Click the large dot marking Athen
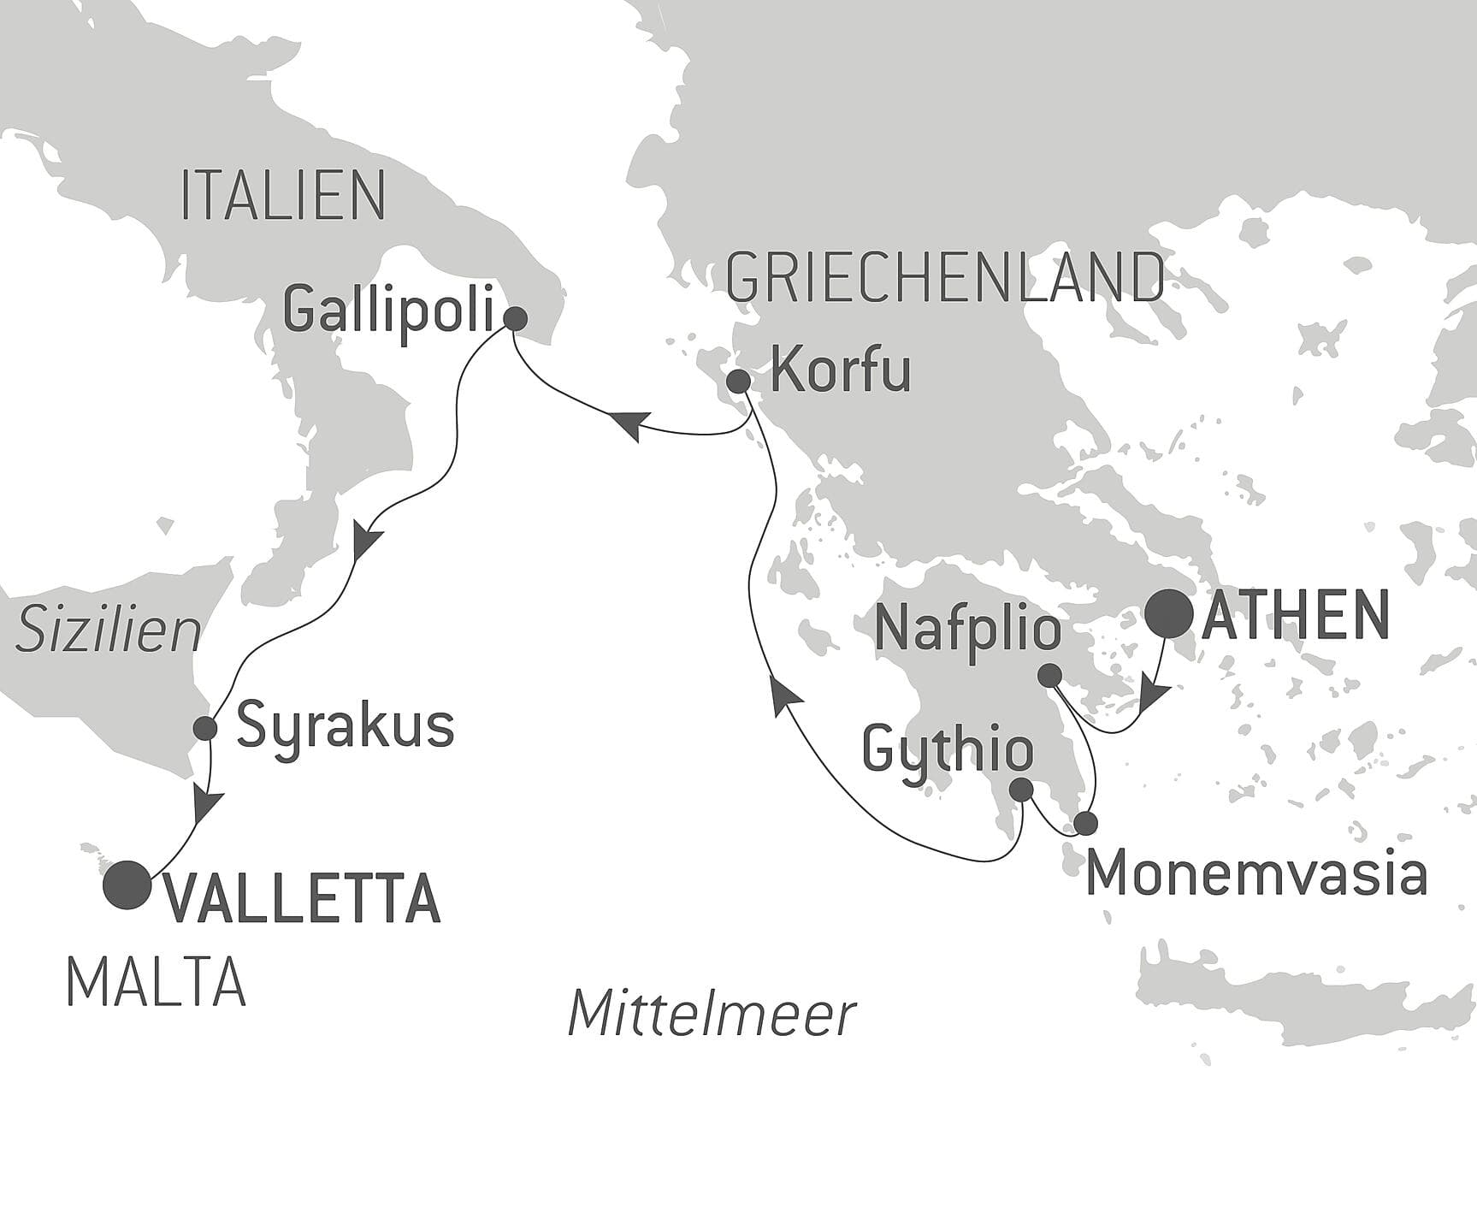(x=1169, y=614)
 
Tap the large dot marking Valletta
(x=127, y=885)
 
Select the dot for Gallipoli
(x=515, y=319)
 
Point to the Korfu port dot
(x=738, y=381)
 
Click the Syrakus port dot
(x=205, y=728)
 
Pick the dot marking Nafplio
(x=1049, y=676)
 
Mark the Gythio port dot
(x=1021, y=789)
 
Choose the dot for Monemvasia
(x=1084, y=823)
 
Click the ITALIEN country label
(x=282, y=196)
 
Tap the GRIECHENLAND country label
(x=944, y=277)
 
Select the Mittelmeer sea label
(x=712, y=1014)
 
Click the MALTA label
(x=156, y=982)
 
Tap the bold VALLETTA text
(x=302, y=900)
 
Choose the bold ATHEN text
(x=1295, y=616)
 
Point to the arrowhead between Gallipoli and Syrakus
(x=366, y=541)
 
